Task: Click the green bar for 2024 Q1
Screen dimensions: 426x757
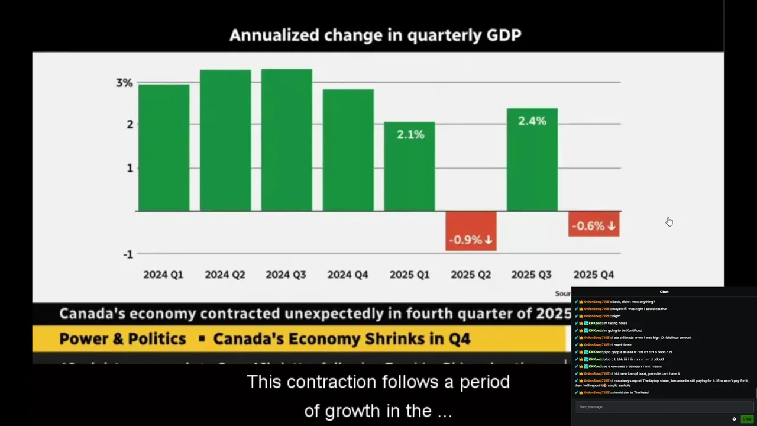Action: point(164,148)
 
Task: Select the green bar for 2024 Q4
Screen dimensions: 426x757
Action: point(348,150)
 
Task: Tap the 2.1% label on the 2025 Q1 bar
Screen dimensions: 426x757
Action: point(410,135)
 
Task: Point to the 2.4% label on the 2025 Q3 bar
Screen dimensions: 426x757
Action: point(532,121)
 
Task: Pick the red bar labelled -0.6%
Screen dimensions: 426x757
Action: point(594,224)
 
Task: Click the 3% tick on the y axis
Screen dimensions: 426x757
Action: point(124,83)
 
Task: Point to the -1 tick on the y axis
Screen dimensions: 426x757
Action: point(128,254)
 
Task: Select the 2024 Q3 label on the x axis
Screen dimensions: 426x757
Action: point(286,275)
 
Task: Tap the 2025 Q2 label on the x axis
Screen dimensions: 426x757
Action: point(471,275)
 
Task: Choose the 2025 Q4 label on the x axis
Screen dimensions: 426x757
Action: point(594,275)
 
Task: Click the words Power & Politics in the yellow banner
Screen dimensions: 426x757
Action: point(122,339)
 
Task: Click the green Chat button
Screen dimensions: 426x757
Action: point(747,419)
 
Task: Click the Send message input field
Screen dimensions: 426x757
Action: point(662,407)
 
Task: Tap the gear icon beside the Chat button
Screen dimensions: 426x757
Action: point(734,419)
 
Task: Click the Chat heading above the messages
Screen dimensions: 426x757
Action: point(664,292)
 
